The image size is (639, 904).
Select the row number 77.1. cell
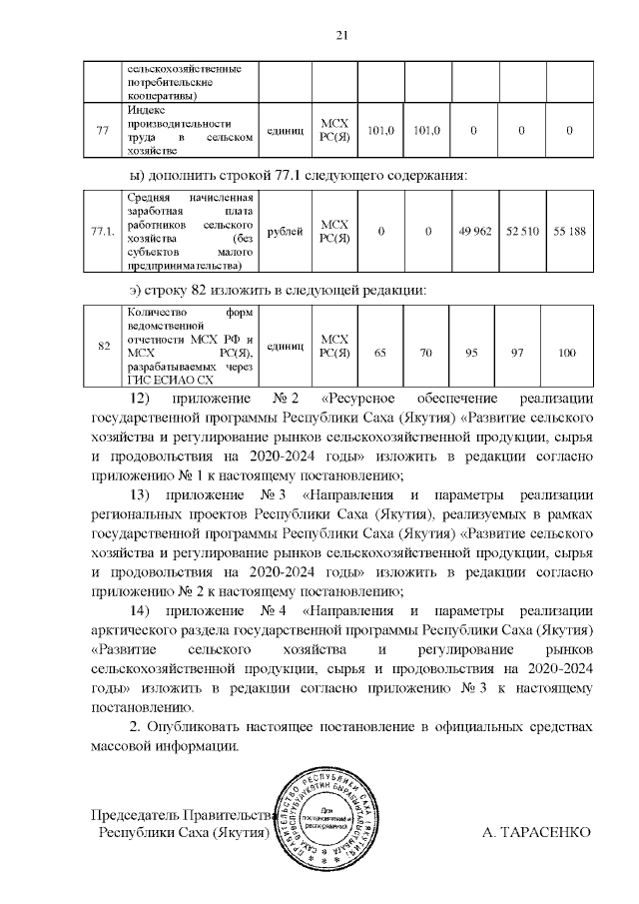tap(102, 232)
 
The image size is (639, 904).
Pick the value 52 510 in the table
tap(522, 232)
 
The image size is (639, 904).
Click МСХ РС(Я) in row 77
tap(333, 130)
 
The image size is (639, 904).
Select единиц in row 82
tap(286, 347)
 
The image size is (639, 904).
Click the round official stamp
tap(332, 818)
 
